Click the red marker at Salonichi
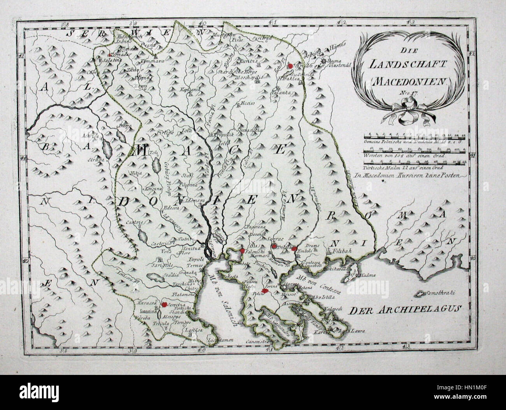(242, 251)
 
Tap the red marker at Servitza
(164, 304)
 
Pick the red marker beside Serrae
(274, 246)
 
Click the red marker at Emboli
(295, 248)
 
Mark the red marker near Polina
(265, 291)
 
